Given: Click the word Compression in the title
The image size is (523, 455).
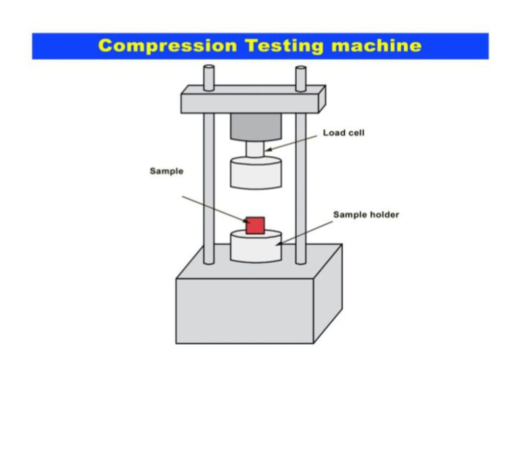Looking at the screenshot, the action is point(168,46).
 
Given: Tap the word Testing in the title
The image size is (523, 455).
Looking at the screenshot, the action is point(284,46).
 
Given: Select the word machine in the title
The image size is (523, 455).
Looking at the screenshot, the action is point(376,45).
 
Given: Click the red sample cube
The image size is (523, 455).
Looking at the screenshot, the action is point(255,226).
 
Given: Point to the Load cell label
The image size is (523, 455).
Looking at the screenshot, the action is point(344,133).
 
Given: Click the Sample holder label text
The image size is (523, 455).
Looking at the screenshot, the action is point(366,214).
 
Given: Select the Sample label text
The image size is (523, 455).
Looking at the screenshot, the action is point(167,171).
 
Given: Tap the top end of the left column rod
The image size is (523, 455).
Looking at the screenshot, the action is point(209,67).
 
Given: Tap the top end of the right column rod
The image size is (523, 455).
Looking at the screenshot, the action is point(301,68).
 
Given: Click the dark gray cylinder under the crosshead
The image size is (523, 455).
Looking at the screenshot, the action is point(256,127).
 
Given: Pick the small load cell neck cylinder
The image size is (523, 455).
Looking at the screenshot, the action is point(255,149).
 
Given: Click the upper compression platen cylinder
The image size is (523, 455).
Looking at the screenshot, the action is point(256,173).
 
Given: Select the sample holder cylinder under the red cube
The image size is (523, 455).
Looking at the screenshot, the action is point(256,247).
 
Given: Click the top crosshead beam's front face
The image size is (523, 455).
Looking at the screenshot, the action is point(250,103).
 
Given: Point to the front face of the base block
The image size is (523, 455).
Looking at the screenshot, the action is point(245,311).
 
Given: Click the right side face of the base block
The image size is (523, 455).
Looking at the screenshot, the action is point(328,294).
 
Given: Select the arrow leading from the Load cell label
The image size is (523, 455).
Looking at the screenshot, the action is point(291,143).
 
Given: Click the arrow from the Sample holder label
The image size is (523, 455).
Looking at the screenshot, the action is point(304,233).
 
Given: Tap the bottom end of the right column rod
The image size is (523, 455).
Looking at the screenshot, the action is point(301,262).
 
